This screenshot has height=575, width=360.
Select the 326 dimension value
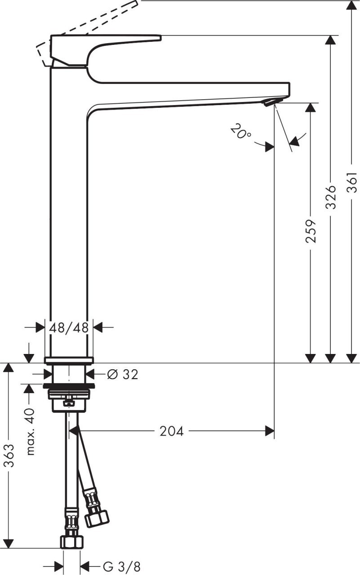click(x=331, y=196)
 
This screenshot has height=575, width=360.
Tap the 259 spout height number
click(x=311, y=231)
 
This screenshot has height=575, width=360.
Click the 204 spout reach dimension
click(x=172, y=431)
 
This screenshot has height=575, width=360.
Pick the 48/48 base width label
click(x=69, y=327)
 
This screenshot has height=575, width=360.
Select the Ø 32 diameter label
click(x=123, y=374)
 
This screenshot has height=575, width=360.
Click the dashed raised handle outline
click(x=90, y=22)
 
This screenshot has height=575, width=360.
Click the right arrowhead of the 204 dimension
click(x=270, y=431)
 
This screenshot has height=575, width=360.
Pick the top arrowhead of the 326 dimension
click(x=331, y=40)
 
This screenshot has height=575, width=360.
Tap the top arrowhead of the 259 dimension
click(x=311, y=108)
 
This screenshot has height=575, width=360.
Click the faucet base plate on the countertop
click(x=69, y=360)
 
